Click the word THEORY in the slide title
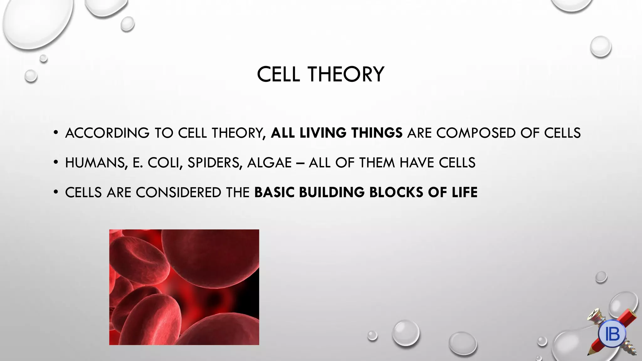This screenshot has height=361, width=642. [x=346, y=75]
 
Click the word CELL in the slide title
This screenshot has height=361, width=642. [x=278, y=75]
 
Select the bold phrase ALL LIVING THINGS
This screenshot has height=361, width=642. [x=337, y=133]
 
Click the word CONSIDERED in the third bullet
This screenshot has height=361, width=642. [x=178, y=192]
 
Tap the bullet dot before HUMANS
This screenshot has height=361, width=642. [x=56, y=163]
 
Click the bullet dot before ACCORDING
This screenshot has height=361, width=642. [x=56, y=133]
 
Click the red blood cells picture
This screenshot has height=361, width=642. [x=184, y=287]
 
